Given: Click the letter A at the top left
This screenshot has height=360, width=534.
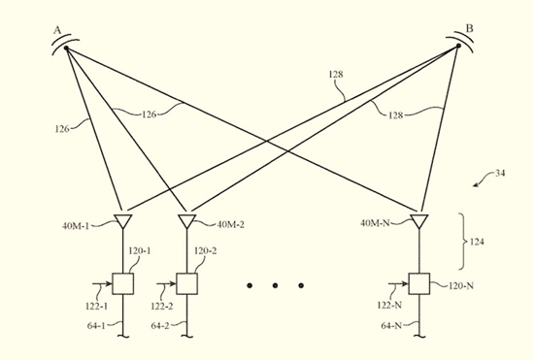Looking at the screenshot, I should (x=57, y=31).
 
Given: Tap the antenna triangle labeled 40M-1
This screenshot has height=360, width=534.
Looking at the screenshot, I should (x=123, y=221).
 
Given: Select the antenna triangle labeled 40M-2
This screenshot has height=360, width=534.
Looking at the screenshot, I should (x=186, y=221).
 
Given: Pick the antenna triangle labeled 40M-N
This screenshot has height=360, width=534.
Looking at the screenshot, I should (x=418, y=221).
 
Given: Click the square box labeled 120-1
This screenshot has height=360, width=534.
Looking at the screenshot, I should (x=123, y=284).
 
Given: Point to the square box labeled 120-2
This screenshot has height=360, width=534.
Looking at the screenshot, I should (x=186, y=284).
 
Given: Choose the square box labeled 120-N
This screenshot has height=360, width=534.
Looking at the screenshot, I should (x=418, y=284).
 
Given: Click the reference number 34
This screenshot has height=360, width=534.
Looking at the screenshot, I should (x=503, y=175).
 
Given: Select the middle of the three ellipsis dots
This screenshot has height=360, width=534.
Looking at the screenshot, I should (x=276, y=285).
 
